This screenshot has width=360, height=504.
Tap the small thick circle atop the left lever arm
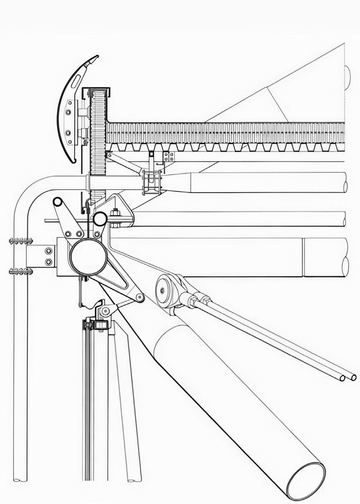[58, 202]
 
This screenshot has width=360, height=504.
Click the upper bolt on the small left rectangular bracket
[49, 251]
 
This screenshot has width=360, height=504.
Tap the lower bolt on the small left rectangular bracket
[49, 262]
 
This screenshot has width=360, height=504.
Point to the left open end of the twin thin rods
[342, 378]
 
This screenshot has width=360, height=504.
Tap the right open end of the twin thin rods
[354, 377]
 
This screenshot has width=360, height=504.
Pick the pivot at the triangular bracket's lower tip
[139, 298]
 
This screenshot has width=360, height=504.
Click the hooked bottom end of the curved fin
[74, 161]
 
